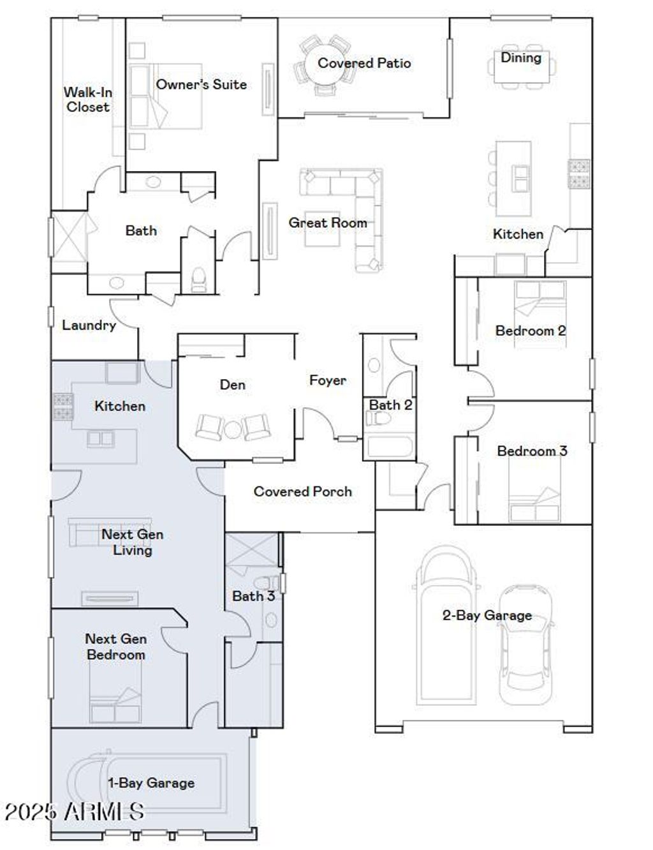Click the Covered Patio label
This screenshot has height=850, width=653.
tap(363, 63)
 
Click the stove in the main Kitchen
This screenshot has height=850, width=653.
tap(579, 174)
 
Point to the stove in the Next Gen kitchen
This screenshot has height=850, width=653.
tap(63, 407)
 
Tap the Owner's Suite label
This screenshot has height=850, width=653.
tap(201, 84)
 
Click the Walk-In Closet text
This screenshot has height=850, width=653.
tap(87, 100)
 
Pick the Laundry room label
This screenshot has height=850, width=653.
tap(89, 325)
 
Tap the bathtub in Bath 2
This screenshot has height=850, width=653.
tap(390, 447)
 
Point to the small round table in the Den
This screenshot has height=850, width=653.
tap(232, 429)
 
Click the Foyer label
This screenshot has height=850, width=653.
tap(327, 380)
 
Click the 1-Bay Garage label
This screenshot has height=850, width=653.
tap(150, 783)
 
